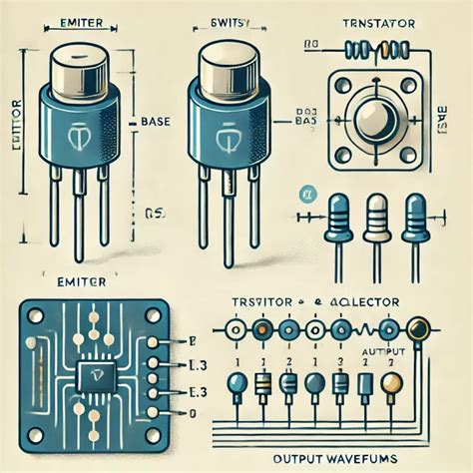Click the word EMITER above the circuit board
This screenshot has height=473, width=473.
pos(76,282)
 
